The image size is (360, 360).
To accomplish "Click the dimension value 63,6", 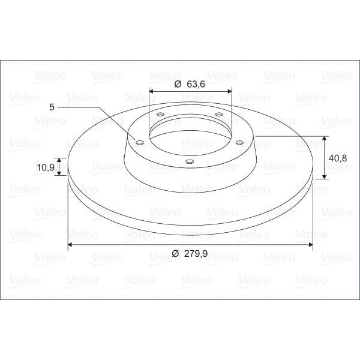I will point(196,84).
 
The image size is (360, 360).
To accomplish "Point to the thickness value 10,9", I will point(46,167).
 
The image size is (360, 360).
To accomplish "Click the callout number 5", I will point(52,106).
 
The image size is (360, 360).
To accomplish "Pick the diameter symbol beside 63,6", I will point(178,84).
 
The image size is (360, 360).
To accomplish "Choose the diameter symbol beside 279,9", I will point(175,254).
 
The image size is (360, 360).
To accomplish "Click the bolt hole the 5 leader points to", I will point(140,143).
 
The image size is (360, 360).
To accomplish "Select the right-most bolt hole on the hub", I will point(239,142).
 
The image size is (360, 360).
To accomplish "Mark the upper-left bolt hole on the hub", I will point(160,115).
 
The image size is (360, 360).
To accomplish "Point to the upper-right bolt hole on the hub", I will point(219,115).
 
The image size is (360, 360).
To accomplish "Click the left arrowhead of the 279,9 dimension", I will point(71,245).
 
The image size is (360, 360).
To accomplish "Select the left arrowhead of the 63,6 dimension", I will point(151,91).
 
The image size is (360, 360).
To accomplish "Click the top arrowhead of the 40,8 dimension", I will point(325,139).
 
